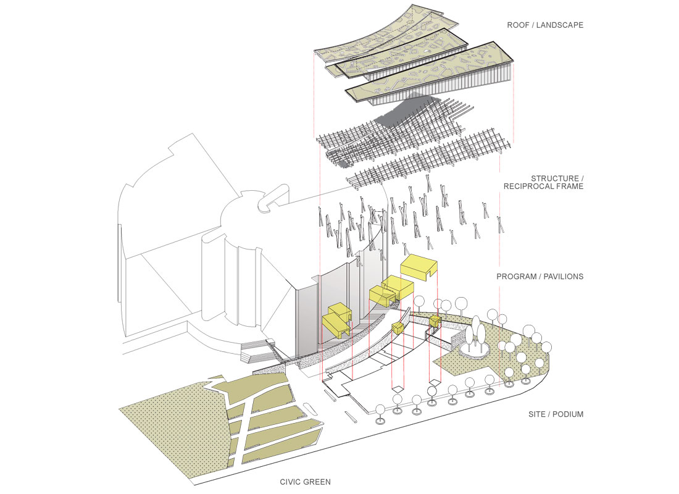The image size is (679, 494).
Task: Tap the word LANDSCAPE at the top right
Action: pyautogui.click(x=560, y=25)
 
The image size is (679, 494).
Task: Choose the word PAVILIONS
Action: pyautogui.click(x=562, y=277)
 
